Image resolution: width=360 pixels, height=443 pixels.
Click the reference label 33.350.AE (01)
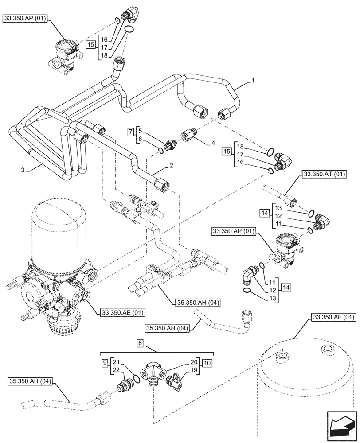click(x=119, y=312)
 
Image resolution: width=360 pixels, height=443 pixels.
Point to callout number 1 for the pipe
click(x=252, y=80)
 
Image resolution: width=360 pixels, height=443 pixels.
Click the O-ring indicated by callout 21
click(x=133, y=380)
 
